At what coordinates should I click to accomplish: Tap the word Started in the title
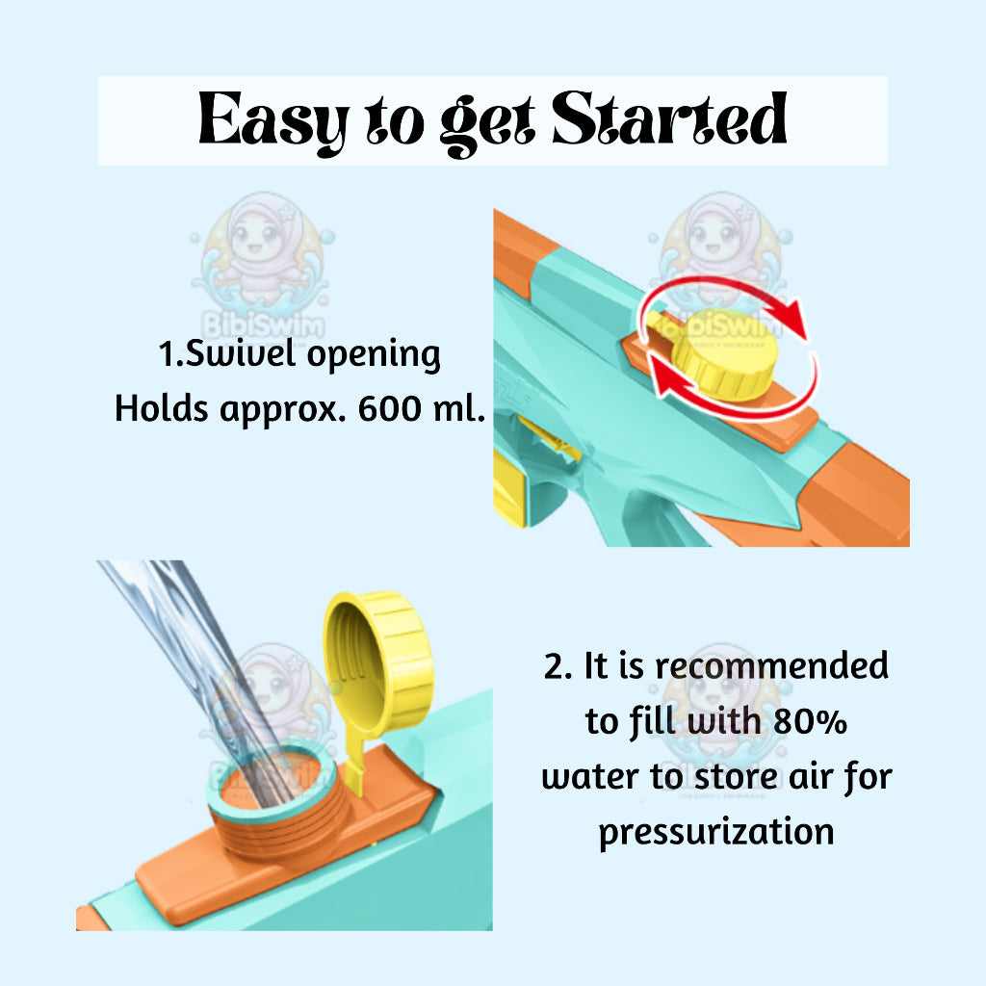tap(670, 118)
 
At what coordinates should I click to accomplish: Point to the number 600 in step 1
tap(390, 408)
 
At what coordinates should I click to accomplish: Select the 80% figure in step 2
tap(810, 721)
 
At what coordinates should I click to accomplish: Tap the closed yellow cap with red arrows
tap(724, 356)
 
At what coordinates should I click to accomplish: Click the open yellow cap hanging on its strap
tap(378, 662)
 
